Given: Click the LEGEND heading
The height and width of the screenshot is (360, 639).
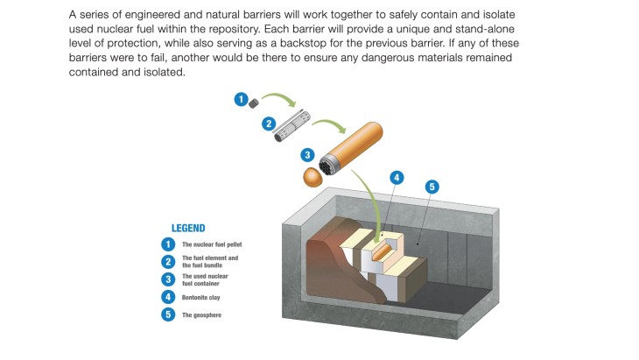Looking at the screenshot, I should (188, 228).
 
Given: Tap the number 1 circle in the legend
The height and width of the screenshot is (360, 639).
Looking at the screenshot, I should (168, 244).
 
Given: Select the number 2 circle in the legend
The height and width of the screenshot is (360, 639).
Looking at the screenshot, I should (168, 261).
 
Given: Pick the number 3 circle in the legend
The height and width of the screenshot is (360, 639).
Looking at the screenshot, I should (168, 279).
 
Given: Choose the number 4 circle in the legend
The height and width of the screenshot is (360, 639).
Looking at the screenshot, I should (168, 297).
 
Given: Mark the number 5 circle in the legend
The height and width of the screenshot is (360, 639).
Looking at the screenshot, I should (168, 314).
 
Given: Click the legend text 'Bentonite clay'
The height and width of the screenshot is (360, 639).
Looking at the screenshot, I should (200, 297).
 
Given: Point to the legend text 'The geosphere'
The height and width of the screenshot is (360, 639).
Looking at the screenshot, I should (200, 314).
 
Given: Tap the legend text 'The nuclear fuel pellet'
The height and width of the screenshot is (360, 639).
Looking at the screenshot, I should (211, 244).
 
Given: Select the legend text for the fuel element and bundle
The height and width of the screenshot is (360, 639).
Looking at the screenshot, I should (209, 261).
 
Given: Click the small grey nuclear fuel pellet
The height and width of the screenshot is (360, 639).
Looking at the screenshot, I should (253, 102).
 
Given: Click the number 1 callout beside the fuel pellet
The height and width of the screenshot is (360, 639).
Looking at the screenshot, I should (240, 100).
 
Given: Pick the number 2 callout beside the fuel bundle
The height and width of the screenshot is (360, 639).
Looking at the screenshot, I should (270, 124).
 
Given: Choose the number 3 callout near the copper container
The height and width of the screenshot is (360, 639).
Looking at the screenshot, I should (307, 154).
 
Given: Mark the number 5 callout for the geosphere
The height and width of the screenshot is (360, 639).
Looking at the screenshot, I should (432, 187).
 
